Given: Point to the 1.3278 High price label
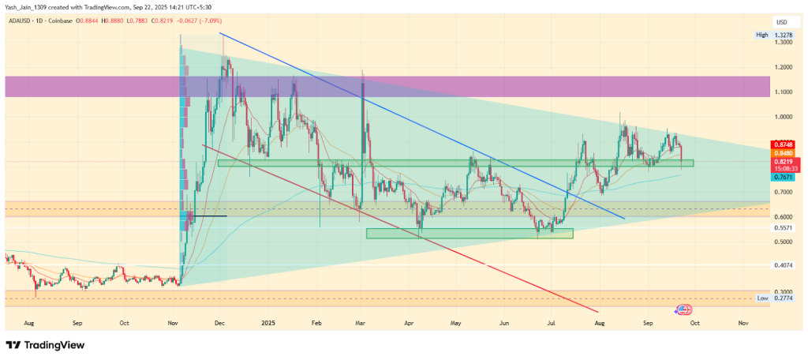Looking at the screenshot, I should [784, 36].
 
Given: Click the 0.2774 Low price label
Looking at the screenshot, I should [784, 298].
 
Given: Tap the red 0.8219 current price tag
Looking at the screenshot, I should [784, 161].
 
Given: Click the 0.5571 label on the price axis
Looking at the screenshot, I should [784, 228].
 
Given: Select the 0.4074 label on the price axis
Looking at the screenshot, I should [784, 265].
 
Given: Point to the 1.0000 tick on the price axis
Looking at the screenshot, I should [784, 117].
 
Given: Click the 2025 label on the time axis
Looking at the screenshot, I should [268, 324].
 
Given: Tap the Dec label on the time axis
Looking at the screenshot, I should [220, 324].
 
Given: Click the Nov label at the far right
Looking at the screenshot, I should [743, 324].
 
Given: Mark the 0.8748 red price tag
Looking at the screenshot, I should [784, 144].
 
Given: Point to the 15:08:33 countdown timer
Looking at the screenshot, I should [784, 169].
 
